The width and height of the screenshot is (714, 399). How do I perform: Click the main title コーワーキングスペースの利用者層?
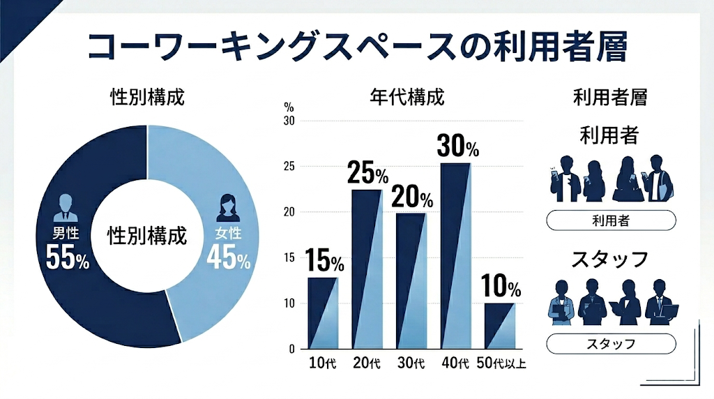pyautogui.click(x=357, y=47)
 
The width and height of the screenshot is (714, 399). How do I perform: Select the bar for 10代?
pyautogui.click(x=323, y=313)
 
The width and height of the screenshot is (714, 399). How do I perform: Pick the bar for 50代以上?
pyautogui.click(x=499, y=326)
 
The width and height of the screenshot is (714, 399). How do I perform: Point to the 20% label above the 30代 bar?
pyautogui.click(x=411, y=197)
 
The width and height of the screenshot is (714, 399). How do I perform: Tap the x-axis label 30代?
pyautogui.click(x=411, y=363)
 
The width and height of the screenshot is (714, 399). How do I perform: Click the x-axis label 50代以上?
pyautogui.click(x=499, y=363)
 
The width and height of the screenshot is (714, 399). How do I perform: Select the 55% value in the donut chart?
pyautogui.click(x=67, y=258)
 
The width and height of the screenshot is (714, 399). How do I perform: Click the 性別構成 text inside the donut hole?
pyautogui.click(x=147, y=236)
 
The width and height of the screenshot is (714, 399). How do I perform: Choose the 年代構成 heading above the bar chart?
pyautogui.click(x=407, y=97)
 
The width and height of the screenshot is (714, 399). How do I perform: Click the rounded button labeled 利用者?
pyautogui.click(x=611, y=222)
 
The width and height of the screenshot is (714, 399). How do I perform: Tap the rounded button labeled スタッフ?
pyautogui.click(x=611, y=344)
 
